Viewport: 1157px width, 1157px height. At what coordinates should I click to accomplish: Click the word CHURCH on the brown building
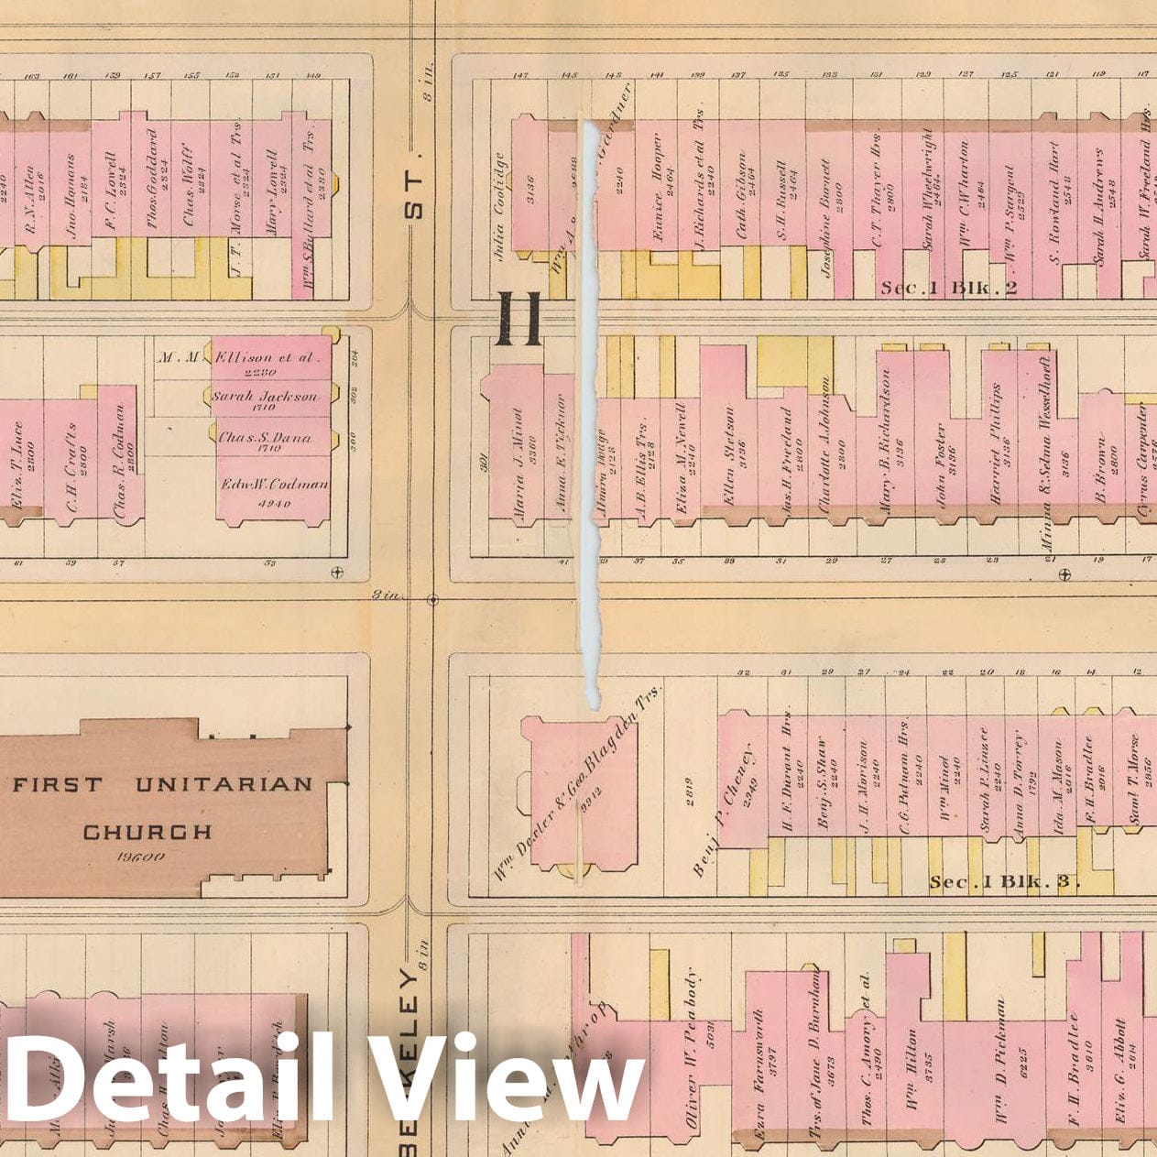tap(147, 832)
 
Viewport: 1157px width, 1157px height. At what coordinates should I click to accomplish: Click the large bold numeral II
tap(519, 319)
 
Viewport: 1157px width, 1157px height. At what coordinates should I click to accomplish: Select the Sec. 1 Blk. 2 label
tap(949, 288)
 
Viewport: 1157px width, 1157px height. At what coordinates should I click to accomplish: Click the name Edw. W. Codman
tap(274, 485)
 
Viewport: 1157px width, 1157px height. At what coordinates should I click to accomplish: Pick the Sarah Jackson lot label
tap(265, 397)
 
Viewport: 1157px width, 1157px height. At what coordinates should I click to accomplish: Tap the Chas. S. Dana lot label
tap(265, 438)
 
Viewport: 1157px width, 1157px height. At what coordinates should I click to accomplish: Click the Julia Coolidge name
tap(499, 205)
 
